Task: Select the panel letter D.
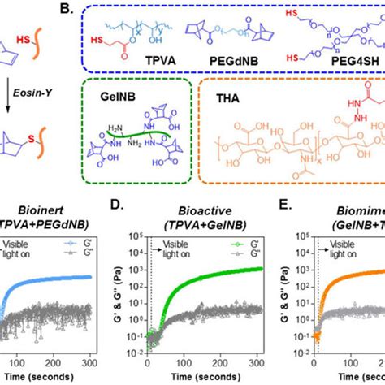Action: coord(133,214)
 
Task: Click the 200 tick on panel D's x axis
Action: coord(217,362)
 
